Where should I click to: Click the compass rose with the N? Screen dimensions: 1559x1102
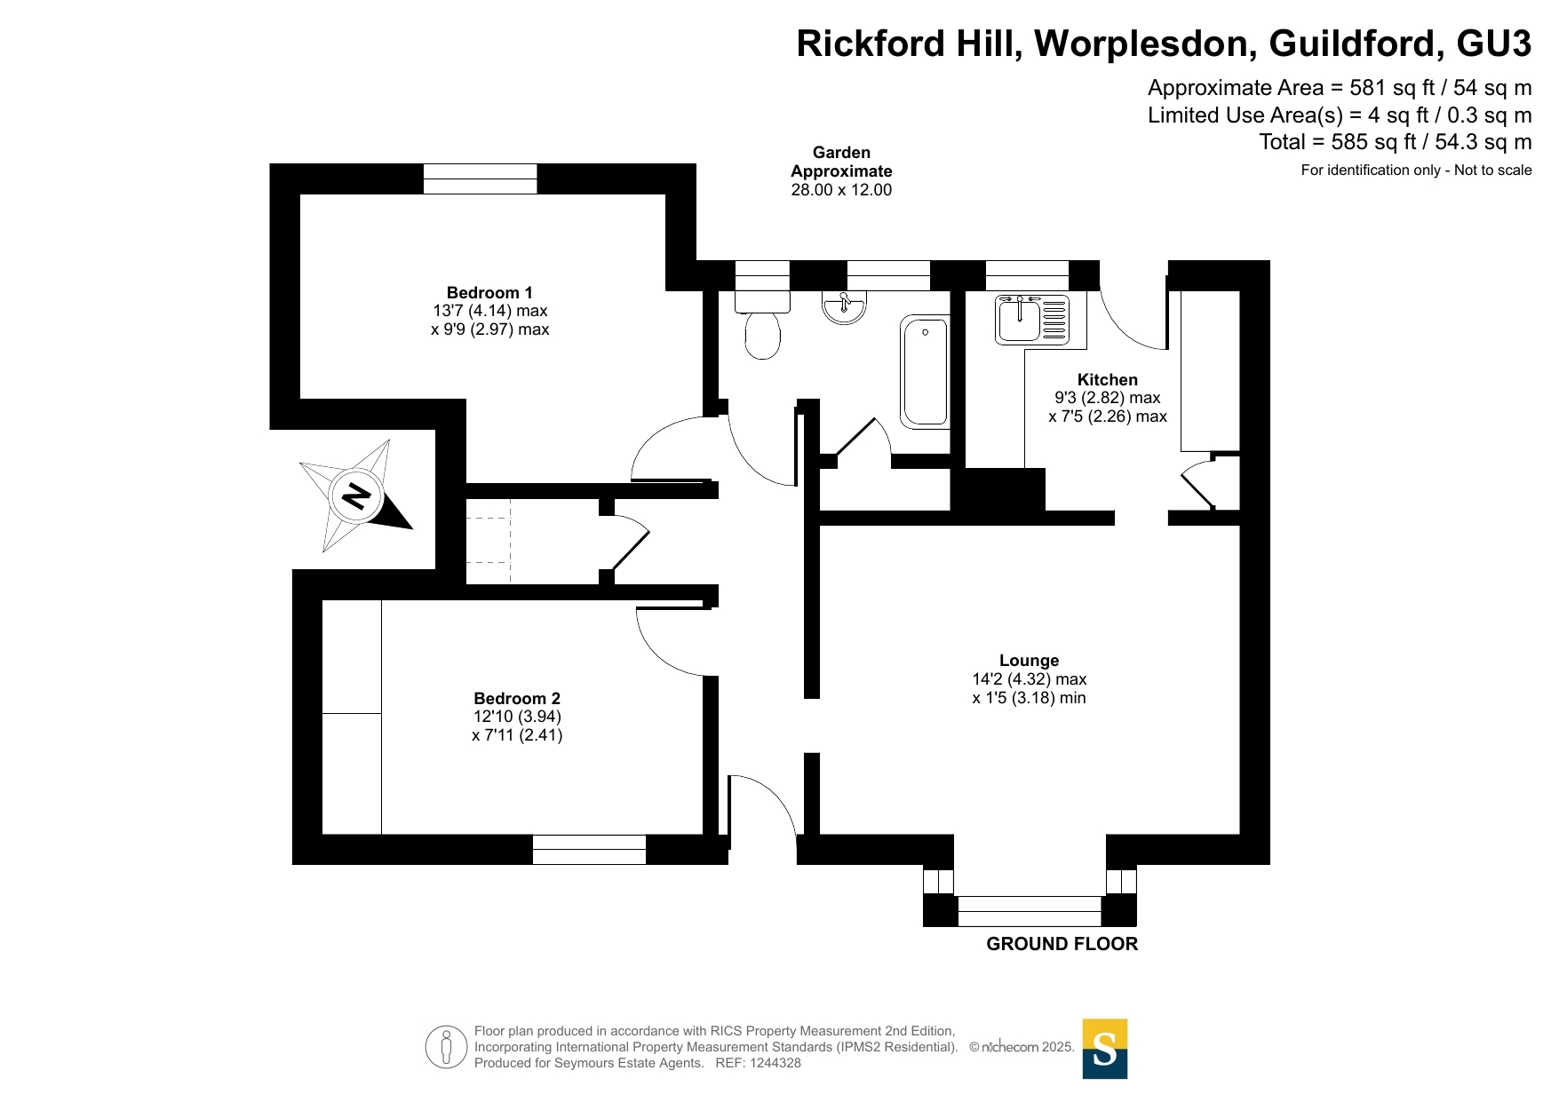tap(356, 496)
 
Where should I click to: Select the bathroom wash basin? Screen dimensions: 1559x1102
tap(844, 307)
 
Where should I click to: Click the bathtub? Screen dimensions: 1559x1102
tap(925, 371)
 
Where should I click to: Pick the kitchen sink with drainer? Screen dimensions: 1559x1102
tap(1032, 319)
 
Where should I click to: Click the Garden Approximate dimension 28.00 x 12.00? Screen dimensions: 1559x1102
tap(841, 190)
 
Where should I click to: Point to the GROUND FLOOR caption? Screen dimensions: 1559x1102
tap(1062, 944)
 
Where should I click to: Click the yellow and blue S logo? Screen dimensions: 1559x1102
tap(1105, 1049)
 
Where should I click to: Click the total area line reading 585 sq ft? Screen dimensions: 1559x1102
tap(1396, 142)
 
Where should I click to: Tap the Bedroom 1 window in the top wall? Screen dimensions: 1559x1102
tap(480, 178)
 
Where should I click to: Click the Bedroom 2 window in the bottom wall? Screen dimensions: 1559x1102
tap(589, 850)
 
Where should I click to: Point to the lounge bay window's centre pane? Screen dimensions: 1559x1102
tap(1030, 911)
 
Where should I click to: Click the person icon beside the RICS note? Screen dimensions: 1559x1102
tap(446, 1047)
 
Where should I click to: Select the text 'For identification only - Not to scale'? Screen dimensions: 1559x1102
tap(1416, 170)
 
